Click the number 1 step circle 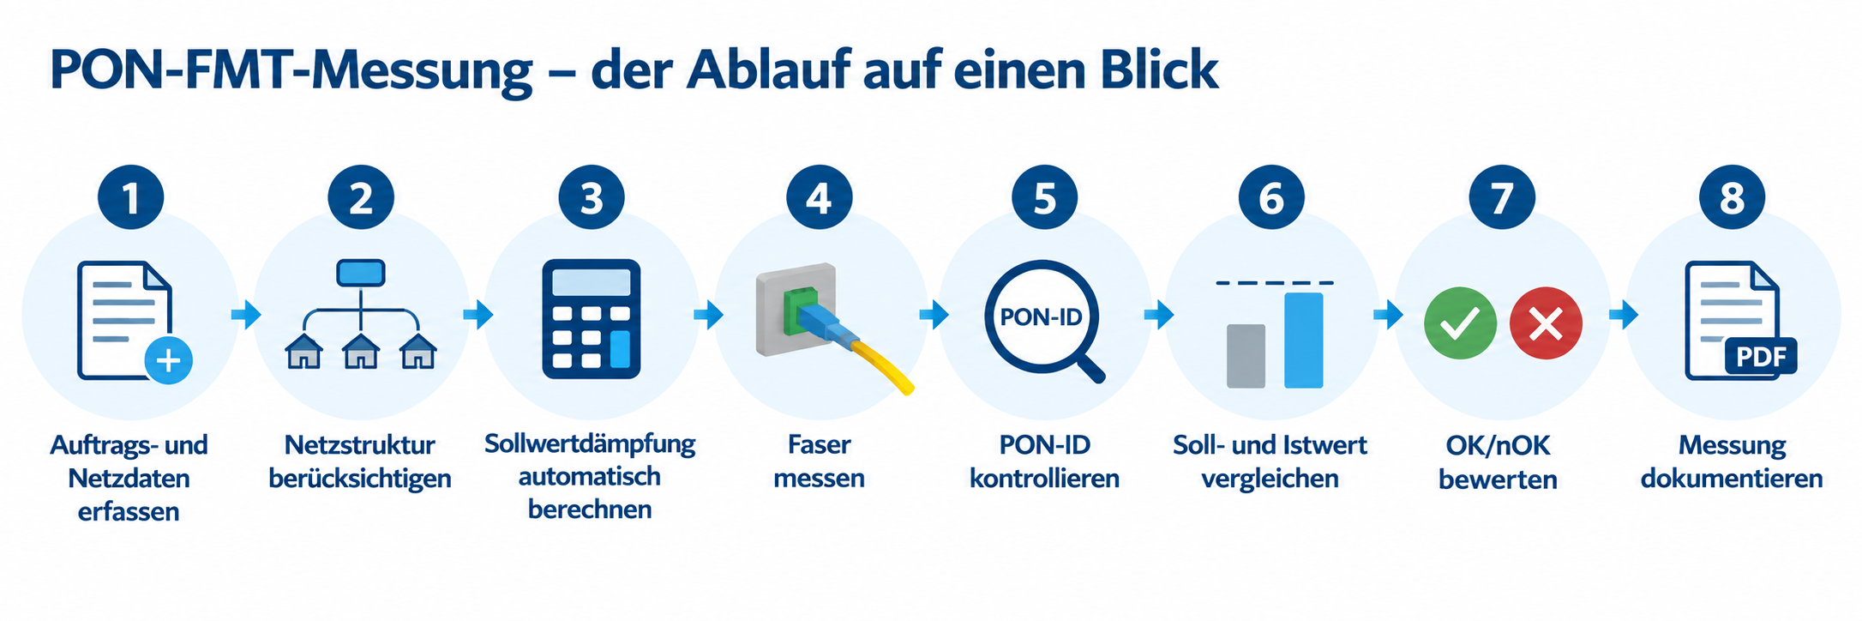tap(130, 196)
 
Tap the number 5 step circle tap(1044, 196)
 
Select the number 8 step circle tap(1732, 196)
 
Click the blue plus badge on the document tap(168, 359)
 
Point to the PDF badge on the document tap(1761, 356)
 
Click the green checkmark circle tap(1460, 323)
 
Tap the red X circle tap(1546, 323)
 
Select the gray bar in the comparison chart tap(1246, 356)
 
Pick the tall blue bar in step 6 tap(1303, 341)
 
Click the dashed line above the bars tap(1275, 282)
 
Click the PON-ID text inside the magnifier tap(1041, 317)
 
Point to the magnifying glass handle tap(1090, 367)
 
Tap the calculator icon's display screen tap(591, 282)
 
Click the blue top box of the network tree tap(361, 273)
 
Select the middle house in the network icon tap(361, 351)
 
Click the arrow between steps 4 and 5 tap(934, 315)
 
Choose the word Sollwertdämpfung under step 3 tap(590, 443)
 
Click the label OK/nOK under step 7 tap(1498, 445)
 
